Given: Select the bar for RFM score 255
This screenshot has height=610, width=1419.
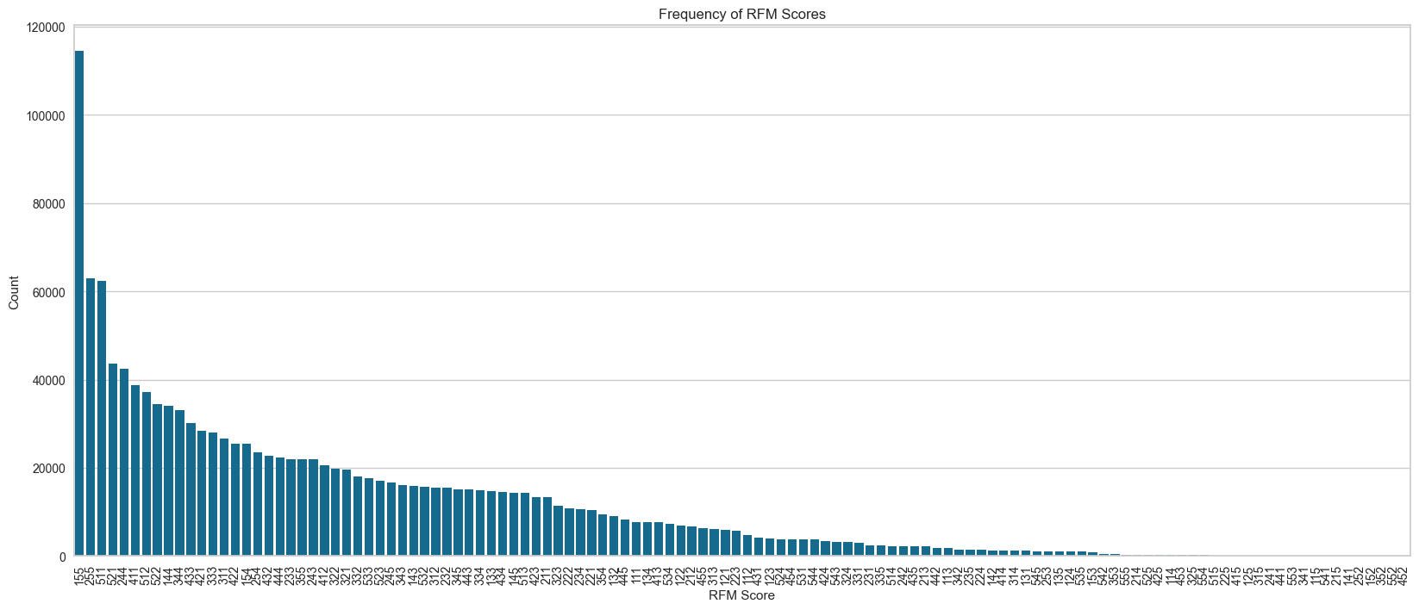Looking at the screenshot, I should click(91, 417).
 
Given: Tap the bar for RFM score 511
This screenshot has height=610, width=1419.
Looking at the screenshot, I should click(102, 419).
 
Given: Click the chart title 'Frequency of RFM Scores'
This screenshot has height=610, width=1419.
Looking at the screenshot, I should click(742, 14).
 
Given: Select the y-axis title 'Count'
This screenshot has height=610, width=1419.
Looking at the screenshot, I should click(14, 292).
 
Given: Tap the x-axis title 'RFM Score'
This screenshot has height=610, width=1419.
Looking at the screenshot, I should click(741, 595).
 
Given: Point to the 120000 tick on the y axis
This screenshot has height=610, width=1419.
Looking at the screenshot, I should click(47, 28).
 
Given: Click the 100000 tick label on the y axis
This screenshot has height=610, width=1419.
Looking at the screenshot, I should click(47, 116).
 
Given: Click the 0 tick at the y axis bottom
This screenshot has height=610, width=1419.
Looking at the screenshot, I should click(62, 557).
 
